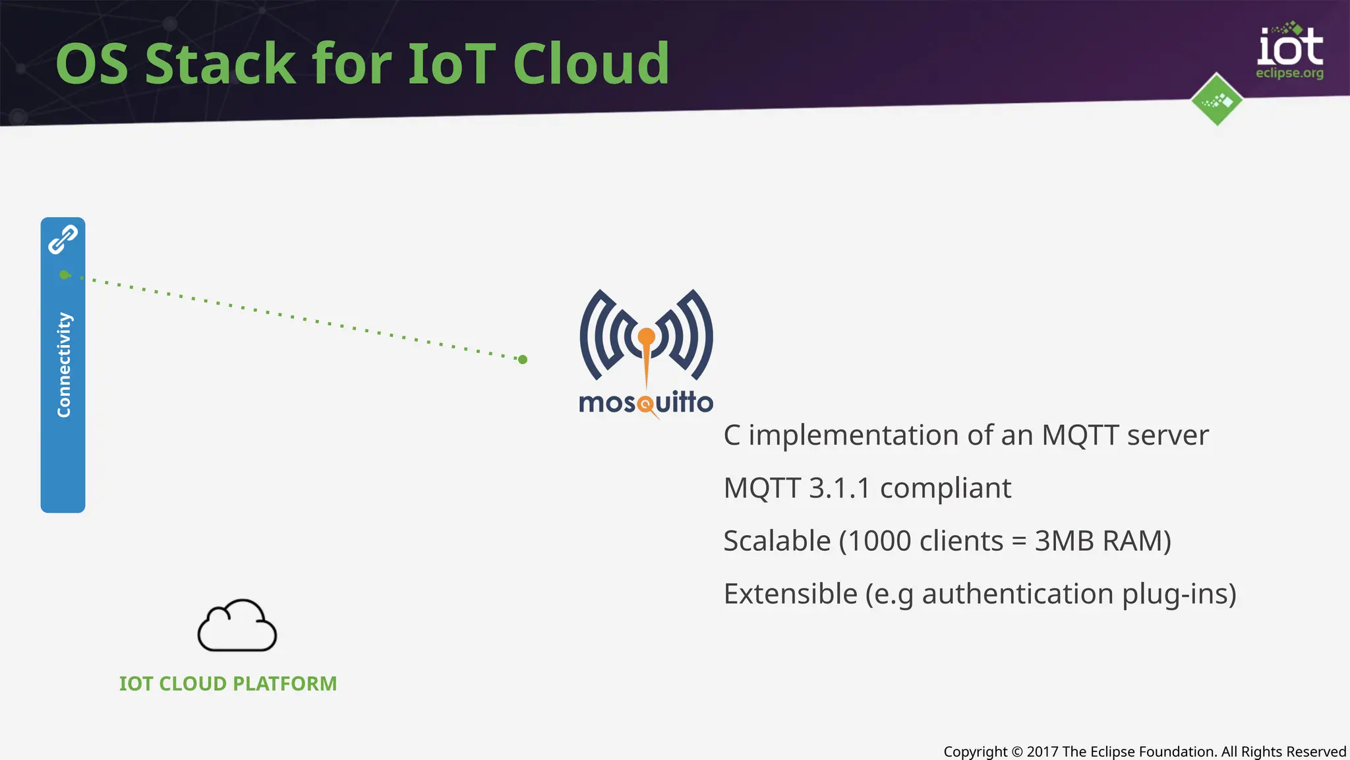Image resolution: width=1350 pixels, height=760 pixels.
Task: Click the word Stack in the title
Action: pyautogui.click(x=220, y=64)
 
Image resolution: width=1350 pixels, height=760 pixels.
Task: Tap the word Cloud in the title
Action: pyautogui.click(x=591, y=64)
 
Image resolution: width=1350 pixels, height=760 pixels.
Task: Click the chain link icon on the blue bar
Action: pyautogui.click(x=63, y=239)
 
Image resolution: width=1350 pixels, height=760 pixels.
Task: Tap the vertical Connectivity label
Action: pyautogui.click(x=63, y=364)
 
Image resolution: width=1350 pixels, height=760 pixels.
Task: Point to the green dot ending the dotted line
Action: pyautogui.click(x=523, y=360)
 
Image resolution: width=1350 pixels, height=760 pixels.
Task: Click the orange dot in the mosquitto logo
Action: pyautogui.click(x=647, y=337)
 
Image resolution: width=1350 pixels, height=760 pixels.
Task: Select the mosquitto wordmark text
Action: pyautogui.click(x=645, y=402)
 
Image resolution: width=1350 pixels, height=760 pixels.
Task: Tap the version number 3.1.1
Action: pyautogui.click(x=839, y=488)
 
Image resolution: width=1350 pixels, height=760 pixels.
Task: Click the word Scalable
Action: pyautogui.click(x=777, y=541)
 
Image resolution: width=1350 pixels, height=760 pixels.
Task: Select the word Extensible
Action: pyautogui.click(x=790, y=594)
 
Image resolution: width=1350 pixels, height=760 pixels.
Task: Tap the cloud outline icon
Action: pyautogui.click(x=237, y=626)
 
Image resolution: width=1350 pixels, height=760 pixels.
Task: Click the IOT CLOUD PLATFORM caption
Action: pyautogui.click(x=227, y=683)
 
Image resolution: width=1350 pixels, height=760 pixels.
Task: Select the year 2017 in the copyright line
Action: pyautogui.click(x=1042, y=751)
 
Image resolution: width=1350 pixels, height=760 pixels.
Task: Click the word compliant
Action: pyautogui.click(x=945, y=488)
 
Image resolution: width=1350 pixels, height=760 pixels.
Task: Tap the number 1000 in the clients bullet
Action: pyautogui.click(x=879, y=541)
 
